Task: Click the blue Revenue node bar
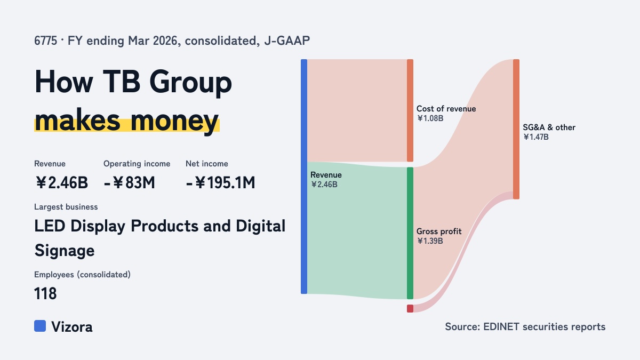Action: tap(304, 177)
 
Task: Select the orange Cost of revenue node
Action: tap(410, 110)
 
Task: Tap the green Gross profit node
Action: tap(410, 233)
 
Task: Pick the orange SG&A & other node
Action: tap(516, 129)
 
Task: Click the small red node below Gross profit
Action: tap(410, 309)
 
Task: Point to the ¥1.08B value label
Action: tap(430, 118)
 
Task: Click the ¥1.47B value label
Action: tap(535, 137)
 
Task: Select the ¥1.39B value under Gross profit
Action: tap(430, 241)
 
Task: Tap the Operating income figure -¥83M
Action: tap(130, 183)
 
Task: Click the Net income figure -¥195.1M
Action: tap(220, 183)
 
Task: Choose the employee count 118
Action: tap(45, 294)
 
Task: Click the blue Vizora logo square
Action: tap(40, 326)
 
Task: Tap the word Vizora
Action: tap(72, 327)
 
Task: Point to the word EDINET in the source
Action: tap(501, 327)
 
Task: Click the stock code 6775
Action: tap(46, 41)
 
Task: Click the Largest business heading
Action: tap(66, 207)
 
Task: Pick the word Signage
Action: tap(65, 251)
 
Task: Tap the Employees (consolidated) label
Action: tap(82, 275)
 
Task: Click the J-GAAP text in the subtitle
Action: tap(287, 41)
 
